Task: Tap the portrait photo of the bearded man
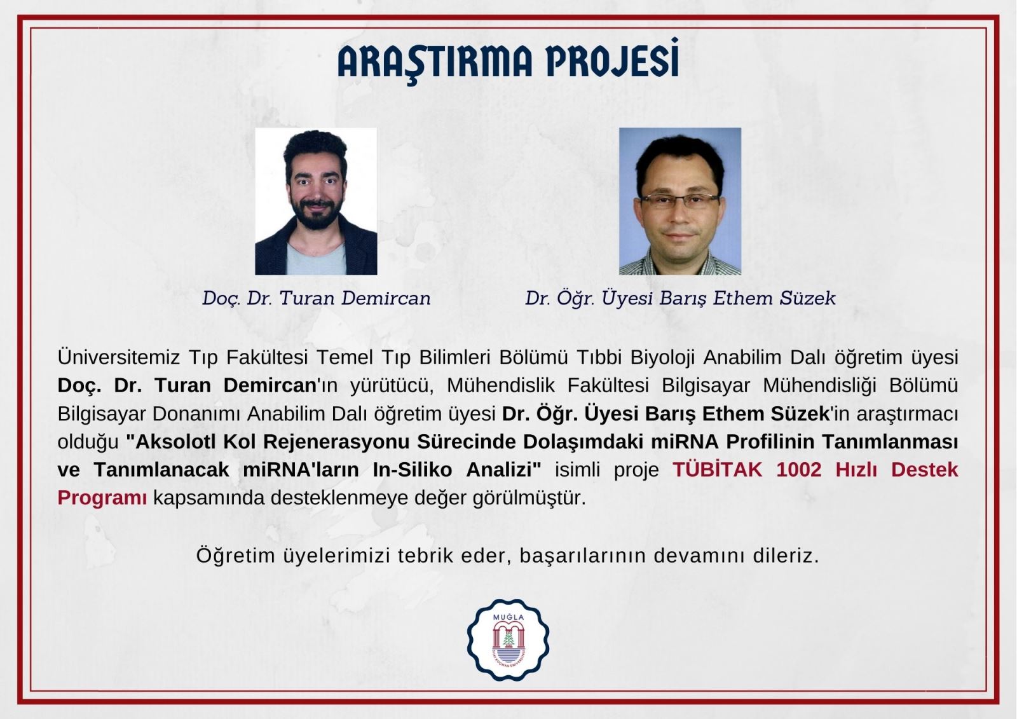coord(316,202)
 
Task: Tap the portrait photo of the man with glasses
coord(680,202)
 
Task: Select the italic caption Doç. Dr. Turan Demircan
coord(317,298)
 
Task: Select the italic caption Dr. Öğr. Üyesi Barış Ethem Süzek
coord(680,298)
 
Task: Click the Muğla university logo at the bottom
coord(508,639)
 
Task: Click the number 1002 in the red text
coord(799,470)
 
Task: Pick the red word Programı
coord(102,498)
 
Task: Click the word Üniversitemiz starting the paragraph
coord(119,357)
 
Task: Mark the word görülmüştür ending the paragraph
coord(529,498)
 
